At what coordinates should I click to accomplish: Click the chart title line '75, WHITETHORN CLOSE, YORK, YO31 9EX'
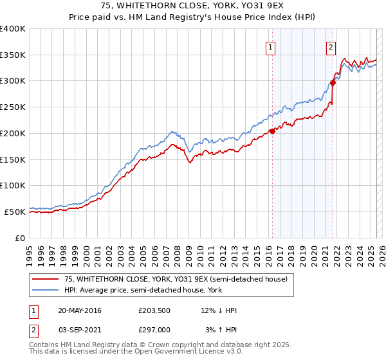192,6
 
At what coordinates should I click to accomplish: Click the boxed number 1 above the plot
270,46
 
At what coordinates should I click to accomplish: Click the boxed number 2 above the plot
331,46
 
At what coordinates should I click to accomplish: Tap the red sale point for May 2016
272,131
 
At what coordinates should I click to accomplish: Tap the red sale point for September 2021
333,82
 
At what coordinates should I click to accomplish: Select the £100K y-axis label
13,185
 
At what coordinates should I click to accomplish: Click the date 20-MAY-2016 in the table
79,310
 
